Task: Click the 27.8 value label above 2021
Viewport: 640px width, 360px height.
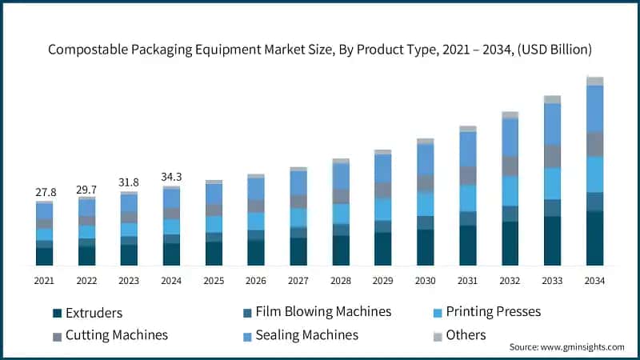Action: [45, 193]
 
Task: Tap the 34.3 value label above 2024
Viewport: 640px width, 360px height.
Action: [171, 176]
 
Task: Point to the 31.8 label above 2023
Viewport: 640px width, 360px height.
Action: [129, 182]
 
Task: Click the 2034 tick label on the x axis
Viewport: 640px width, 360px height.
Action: [594, 281]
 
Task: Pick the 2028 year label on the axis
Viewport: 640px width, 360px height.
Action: [341, 281]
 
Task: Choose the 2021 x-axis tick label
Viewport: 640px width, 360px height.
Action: [45, 281]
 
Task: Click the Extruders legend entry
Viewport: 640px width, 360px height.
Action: [87, 313]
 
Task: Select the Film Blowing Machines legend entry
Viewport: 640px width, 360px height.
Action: [317, 311]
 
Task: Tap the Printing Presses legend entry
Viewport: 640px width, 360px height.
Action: [494, 311]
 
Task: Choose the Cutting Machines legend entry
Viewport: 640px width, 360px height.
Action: [110, 335]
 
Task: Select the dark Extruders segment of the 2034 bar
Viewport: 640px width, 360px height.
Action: [594, 238]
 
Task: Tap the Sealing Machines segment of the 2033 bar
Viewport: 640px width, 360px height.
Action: [552, 124]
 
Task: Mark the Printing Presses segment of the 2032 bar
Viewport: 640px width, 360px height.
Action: [510, 190]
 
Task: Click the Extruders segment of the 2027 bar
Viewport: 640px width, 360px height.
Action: [298, 251]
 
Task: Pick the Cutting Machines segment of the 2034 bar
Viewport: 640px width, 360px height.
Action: [594, 144]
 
